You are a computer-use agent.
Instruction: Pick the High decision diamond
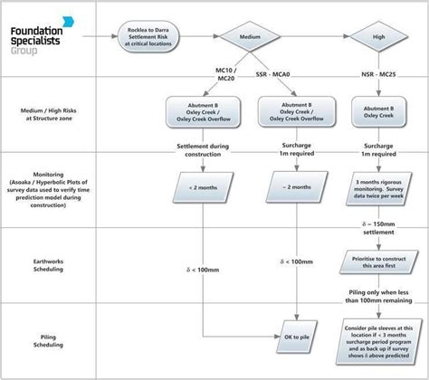(x=379, y=37)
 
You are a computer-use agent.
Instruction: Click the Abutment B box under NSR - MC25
(x=378, y=110)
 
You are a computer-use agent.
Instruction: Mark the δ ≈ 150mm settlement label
(x=378, y=226)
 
